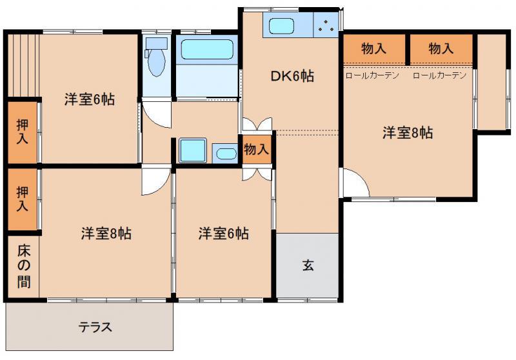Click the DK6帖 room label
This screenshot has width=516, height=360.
pos(292,76)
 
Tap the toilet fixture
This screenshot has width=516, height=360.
pos(156,57)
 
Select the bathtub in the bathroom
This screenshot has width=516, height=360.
pos(207,50)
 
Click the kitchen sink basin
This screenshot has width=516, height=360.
pos(281,26)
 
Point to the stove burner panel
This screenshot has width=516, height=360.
pos(326,25)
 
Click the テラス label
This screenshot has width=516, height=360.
pos(95,327)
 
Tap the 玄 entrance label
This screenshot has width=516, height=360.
pos(308,265)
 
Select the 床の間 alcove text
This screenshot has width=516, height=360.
pos(24,266)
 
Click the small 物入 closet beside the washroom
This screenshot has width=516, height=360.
pos(257,150)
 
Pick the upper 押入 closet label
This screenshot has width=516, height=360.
pos(23,132)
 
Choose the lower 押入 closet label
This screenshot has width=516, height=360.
pos(23,199)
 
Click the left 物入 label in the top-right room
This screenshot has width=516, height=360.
pos(374,48)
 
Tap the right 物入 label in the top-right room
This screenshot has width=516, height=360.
pos(441,48)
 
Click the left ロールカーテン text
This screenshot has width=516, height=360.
pos(372,75)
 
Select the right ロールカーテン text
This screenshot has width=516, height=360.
pos(440,75)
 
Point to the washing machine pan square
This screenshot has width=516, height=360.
pos(193,150)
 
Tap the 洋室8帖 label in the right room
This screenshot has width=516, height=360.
pos(408,133)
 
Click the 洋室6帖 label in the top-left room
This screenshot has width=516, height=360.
pos(90,99)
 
